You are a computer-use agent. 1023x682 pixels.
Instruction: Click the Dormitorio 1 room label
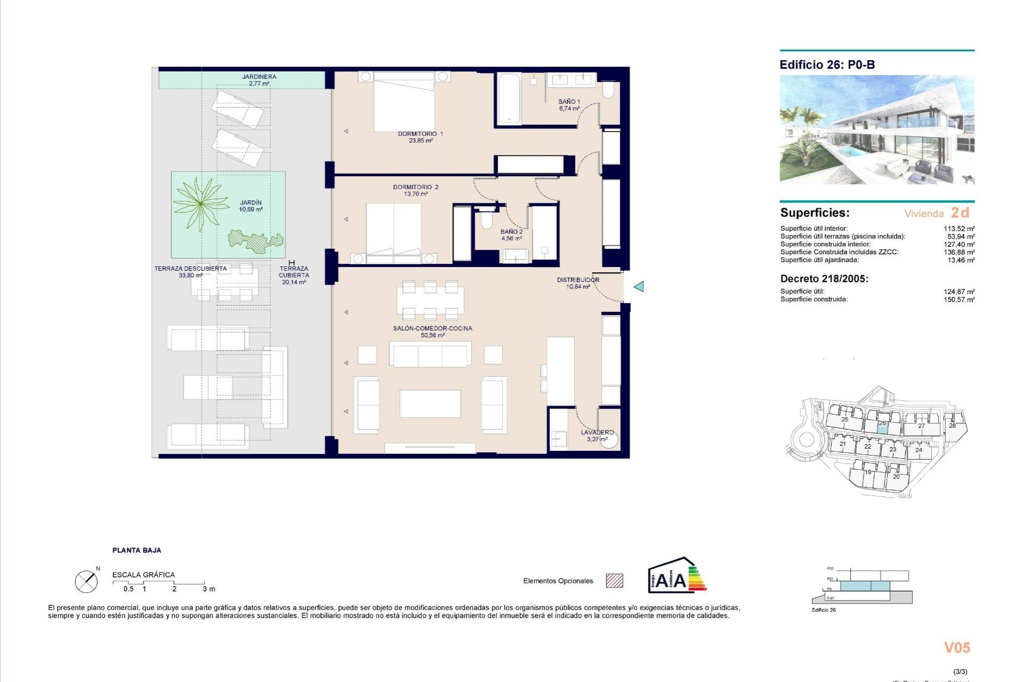(420, 137)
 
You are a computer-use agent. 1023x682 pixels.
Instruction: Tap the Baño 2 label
(511, 235)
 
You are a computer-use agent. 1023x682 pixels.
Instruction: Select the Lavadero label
(597, 435)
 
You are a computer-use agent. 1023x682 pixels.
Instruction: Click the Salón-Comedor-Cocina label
(433, 331)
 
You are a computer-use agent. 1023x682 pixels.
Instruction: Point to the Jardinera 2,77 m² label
(259, 80)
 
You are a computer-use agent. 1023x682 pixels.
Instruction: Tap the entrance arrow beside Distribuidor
(638, 287)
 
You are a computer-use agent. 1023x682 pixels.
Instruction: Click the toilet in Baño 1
(608, 91)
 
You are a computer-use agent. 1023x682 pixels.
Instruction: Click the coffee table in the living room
(430, 403)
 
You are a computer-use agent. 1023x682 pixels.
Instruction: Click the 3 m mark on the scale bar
(208, 589)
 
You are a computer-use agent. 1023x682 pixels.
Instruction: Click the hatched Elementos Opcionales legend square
(614, 581)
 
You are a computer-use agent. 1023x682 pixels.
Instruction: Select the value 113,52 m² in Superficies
(959, 229)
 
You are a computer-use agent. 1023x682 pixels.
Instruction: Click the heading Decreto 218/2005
(824, 279)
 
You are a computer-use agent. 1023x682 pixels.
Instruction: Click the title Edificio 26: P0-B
(827, 65)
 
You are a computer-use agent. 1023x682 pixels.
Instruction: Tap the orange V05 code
(957, 647)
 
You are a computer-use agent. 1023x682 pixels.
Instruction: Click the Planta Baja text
(136, 550)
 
